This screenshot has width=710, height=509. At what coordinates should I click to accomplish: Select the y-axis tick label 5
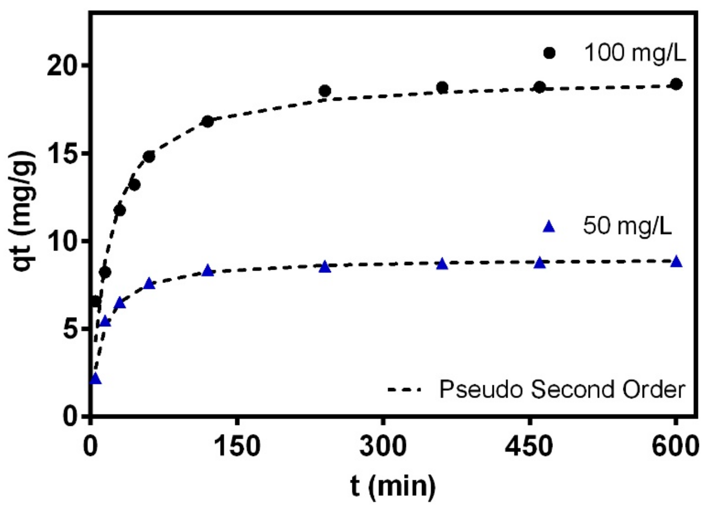click(x=72, y=329)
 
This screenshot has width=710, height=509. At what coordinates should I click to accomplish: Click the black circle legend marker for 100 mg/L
click(x=549, y=54)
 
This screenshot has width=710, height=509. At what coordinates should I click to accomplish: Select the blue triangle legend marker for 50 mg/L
click(x=549, y=227)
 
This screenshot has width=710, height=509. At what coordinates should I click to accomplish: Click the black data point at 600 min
click(x=677, y=84)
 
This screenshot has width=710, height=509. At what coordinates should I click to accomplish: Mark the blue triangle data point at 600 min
click(x=677, y=262)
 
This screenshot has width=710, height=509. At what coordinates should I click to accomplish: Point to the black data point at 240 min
click(x=325, y=91)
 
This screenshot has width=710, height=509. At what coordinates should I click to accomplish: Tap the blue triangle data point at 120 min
click(x=208, y=271)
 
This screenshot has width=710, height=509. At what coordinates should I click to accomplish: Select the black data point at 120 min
click(x=208, y=122)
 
